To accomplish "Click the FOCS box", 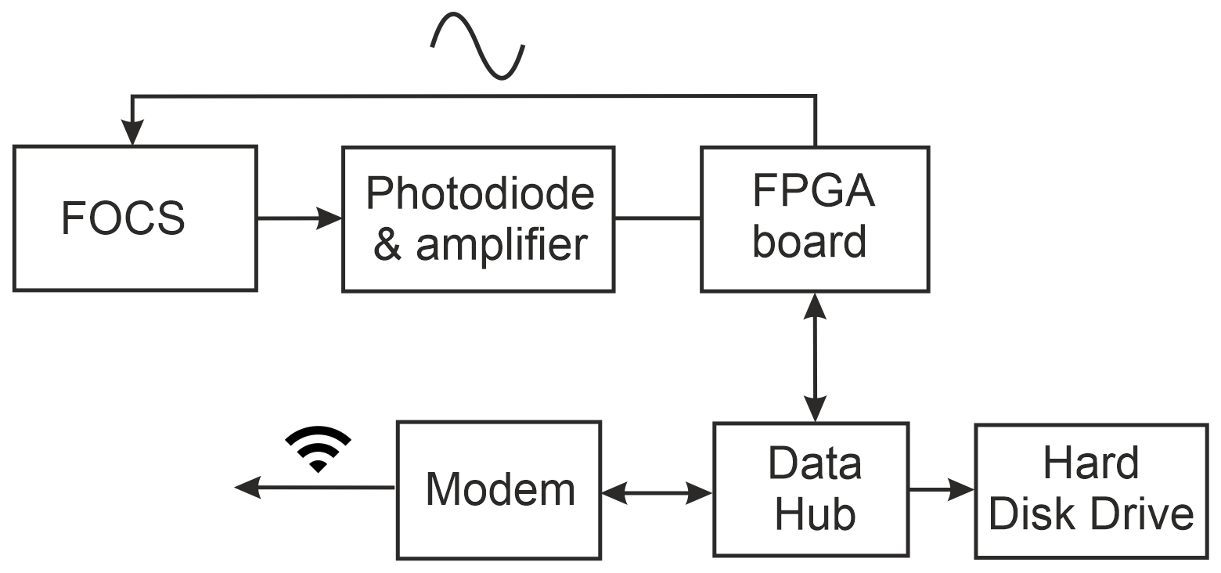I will [x=135, y=218].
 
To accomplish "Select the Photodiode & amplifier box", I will [x=477, y=218].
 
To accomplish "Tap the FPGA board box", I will [x=814, y=218].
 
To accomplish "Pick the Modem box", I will [x=499, y=490].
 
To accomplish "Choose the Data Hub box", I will [x=811, y=489].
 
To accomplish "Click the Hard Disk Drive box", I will [x=1090, y=490].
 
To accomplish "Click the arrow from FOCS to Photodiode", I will [x=299, y=218].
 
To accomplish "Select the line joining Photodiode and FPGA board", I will [x=657, y=218].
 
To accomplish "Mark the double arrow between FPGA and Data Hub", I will [x=815, y=357].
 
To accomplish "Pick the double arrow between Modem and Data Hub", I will [x=657, y=493].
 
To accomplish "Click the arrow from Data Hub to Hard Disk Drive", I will [x=942, y=490].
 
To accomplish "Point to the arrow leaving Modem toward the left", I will [x=313, y=488].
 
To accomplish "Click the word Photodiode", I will [x=480, y=193].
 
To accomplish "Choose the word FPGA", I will [x=814, y=193].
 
